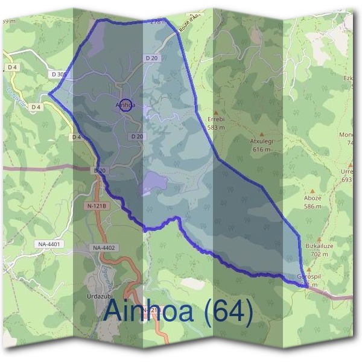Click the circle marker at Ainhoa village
click(125, 105)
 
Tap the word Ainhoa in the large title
click(151, 311)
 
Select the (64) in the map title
click(227, 311)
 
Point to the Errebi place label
click(215, 119)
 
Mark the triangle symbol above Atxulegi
click(262, 134)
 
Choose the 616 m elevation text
click(262, 149)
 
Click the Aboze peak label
click(313, 198)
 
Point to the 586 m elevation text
click(313, 206)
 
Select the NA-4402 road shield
click(103, 248)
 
